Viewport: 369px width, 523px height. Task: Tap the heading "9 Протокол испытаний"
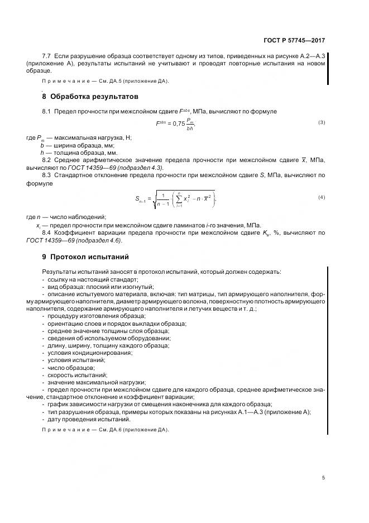point(85,257)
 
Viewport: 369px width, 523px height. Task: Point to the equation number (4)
point(322,197)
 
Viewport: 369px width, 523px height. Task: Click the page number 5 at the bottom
point(323,477)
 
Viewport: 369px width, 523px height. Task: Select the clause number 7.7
point(47,56)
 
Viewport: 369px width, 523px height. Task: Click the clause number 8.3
point(47,175)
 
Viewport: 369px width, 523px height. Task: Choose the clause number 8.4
point(47,232)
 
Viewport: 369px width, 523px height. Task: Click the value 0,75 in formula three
point(178,123)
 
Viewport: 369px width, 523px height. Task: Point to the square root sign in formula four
point(155,199)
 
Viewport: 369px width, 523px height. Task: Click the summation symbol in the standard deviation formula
point(178,198)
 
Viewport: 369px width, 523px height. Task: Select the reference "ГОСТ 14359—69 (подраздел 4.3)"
point(116,167)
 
